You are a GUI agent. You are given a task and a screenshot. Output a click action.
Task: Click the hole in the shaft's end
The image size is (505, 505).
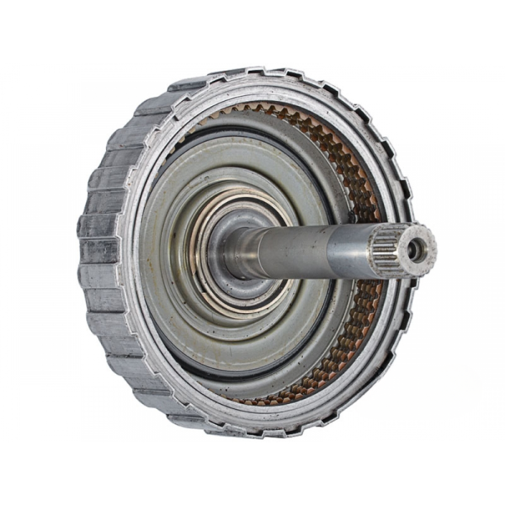coord(415,250)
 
